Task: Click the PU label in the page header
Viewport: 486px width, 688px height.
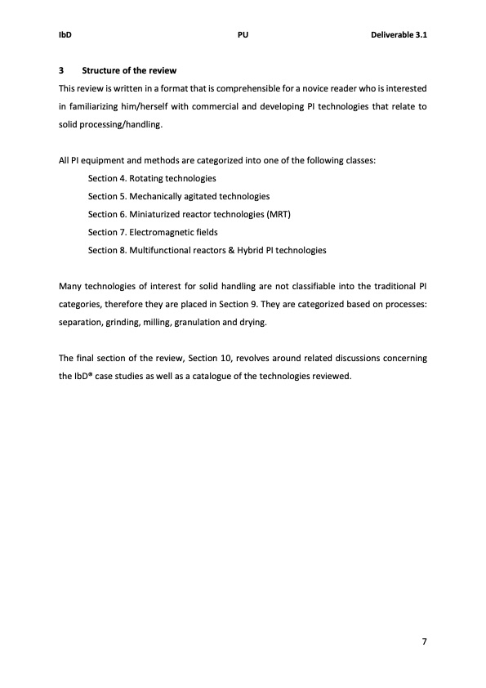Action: pos(243,36)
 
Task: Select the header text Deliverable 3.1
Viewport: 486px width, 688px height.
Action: pos(399,36)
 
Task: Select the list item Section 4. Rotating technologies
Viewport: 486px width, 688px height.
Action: pos(152,178)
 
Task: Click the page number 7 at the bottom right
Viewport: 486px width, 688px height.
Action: pos(424,641)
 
